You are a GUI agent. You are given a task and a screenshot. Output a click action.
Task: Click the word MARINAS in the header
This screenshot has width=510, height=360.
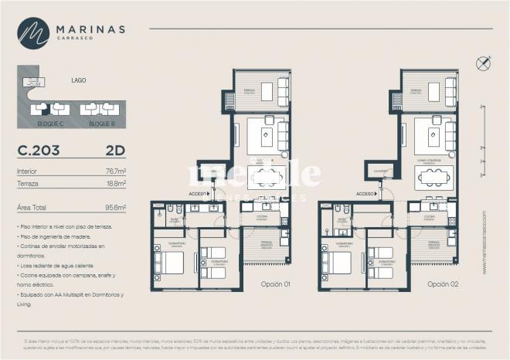click(x=90, y=29)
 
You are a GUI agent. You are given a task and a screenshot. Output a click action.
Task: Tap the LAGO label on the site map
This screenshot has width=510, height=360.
click(x=78, y=80)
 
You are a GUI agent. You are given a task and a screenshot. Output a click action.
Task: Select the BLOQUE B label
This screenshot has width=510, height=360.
click(x=100, y=124)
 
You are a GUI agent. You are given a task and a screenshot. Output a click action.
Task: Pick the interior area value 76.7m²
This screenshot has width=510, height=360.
click(x=115, y=171)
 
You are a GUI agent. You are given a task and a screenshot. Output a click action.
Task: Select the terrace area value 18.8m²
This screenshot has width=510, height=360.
click(x=115, y=184)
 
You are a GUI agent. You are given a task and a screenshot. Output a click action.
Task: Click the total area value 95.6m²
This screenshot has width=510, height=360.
click(x=115, y=207)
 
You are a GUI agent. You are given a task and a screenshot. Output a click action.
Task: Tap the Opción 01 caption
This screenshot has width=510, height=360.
click(x=274, y=284)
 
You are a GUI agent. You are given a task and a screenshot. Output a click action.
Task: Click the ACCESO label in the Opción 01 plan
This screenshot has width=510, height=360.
click(x=198, y=194)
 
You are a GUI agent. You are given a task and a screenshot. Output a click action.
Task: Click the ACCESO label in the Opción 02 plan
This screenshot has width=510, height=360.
click(x=365, y=194)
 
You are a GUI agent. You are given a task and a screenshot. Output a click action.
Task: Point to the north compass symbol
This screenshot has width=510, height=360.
click(x=484, y=63)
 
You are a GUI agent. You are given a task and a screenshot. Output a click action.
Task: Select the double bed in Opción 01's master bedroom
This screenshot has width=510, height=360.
click(x=172, y=262)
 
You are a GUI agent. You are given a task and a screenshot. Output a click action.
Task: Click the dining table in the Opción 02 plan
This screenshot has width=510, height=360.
click(x=433, y=177)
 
